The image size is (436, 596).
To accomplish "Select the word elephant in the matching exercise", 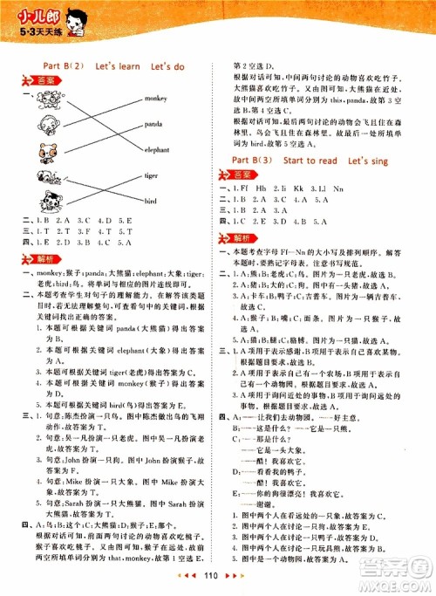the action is click(x=158, y=149).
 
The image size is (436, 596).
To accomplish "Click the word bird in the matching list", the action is click(x=152, y=198).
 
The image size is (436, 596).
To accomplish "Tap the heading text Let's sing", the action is click(x=372, y=161).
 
